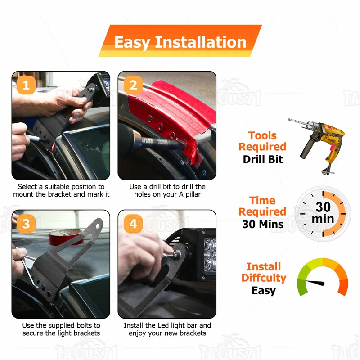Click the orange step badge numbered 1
(x=26, y=85)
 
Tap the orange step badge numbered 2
(x=133, y=85)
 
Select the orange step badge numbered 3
(x=26, y=224)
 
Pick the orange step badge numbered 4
(x=133, y=224)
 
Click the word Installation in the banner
(x=201, y=42)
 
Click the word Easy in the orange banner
(x=132, y=43)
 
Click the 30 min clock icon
(x=323, y=214)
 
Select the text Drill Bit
(x=263, y=159)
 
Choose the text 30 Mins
(x=263, y=224)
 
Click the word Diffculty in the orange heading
(x=264, y=278)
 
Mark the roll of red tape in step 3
(x=66, y=237)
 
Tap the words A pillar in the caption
(x=190, y=194)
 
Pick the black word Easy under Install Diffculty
(x=264, y=291)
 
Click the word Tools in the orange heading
(x=262, y=135)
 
